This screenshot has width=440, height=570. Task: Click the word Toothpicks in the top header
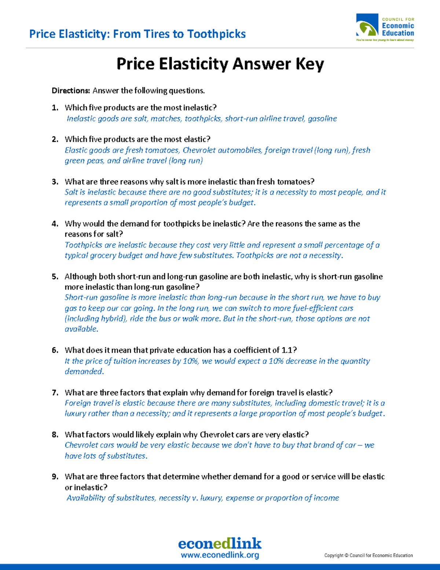pyautogui.click(x=216, y=34)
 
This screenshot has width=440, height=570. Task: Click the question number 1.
pyautogui.click(x=55, y=108)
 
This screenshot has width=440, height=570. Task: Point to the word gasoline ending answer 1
pyautogui.click(x=322, y=119)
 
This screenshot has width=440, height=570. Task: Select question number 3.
pyautogui.click(x=55, y=182)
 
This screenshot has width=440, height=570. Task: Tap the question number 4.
pyautogui.click(x=55, y=224)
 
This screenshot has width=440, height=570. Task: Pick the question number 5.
pyautogui.click(x=55, y=277)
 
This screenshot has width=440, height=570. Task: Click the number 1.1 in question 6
pyautogui.click(x=286, y=350)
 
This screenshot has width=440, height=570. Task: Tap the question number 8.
pyautogui.click(x=55, y=435)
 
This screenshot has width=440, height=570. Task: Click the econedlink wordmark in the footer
pyautogui.click(x=220, y=543)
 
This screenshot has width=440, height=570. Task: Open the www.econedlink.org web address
pyautogui.click(x=220, y=555)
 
